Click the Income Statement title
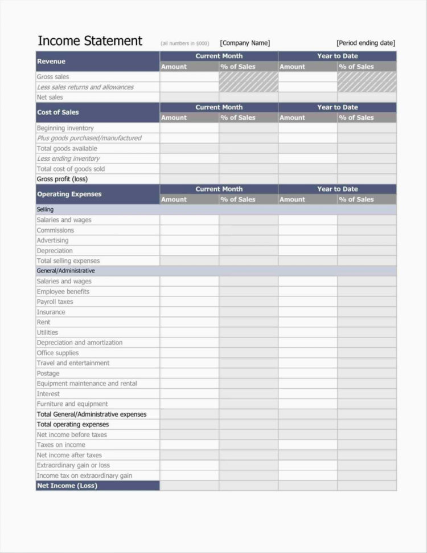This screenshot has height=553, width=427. tap(89, 41)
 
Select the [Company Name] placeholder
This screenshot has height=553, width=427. tap(245, 43)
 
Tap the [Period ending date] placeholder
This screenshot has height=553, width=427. tap(366, 43)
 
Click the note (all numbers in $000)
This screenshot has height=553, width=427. tap(185, 43)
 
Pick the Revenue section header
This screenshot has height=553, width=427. tap(51, 61)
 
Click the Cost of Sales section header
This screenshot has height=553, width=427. tap(58, 112)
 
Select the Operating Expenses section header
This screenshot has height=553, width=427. tap(69, 194)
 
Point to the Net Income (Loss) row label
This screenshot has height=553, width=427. tap(67, 486)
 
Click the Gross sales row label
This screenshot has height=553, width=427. tap(53, 77)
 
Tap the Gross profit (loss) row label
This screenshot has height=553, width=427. tap(63, 179)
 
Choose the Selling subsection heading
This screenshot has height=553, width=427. tap(45, 210)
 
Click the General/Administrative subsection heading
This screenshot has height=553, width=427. tap(65, 271)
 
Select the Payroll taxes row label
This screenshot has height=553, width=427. tap(55, 302)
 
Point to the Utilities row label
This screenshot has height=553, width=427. tap(47, 332)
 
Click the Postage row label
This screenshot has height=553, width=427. tap(48, 373)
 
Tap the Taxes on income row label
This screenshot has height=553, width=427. tap(61, 445)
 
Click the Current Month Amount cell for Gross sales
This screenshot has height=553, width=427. tap(189, 77)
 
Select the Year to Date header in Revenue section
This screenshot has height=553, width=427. tap(337, 56)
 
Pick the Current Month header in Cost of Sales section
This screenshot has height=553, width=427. tap(219, 107)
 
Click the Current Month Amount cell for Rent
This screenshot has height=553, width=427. tap(189, 322)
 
